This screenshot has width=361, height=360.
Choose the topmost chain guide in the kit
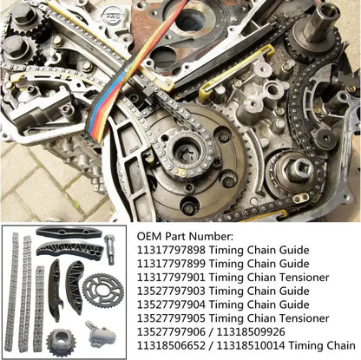tap(65, 234)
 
